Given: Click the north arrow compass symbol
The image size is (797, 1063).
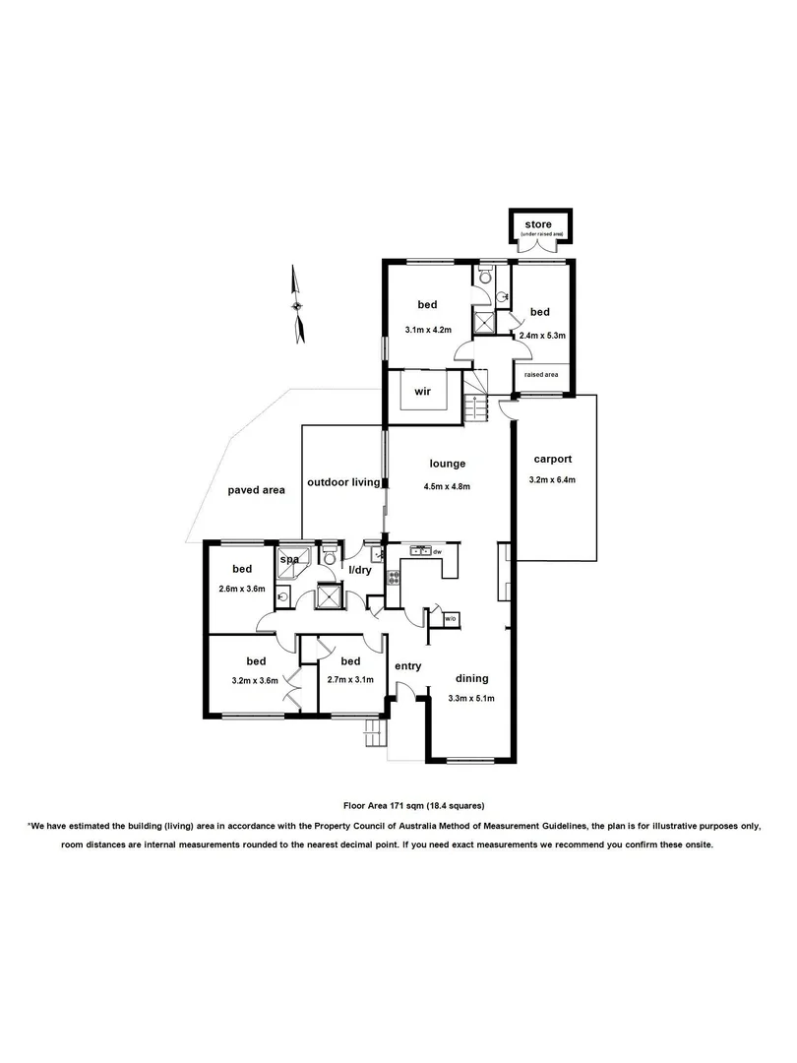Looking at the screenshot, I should point(298,305).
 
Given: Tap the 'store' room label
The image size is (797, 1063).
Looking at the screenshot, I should point(537,225).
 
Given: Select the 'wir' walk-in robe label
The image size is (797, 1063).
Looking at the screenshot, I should point(423,391).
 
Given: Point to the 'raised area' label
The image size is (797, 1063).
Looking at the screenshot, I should point(541,375).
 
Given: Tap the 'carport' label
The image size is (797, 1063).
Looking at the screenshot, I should point(552,459).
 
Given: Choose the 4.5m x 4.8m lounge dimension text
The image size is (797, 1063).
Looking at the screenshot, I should point(447,485).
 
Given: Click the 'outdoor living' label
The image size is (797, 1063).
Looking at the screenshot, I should point(343,482).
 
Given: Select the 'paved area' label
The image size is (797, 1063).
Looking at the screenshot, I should point(256,489).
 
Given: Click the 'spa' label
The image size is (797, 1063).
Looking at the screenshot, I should point(289,560).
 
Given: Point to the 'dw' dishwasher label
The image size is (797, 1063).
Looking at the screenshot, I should point(437,552).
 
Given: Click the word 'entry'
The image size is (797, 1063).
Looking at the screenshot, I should point(408,666).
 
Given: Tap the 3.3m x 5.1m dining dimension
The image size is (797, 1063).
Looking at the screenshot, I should point(470,699).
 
